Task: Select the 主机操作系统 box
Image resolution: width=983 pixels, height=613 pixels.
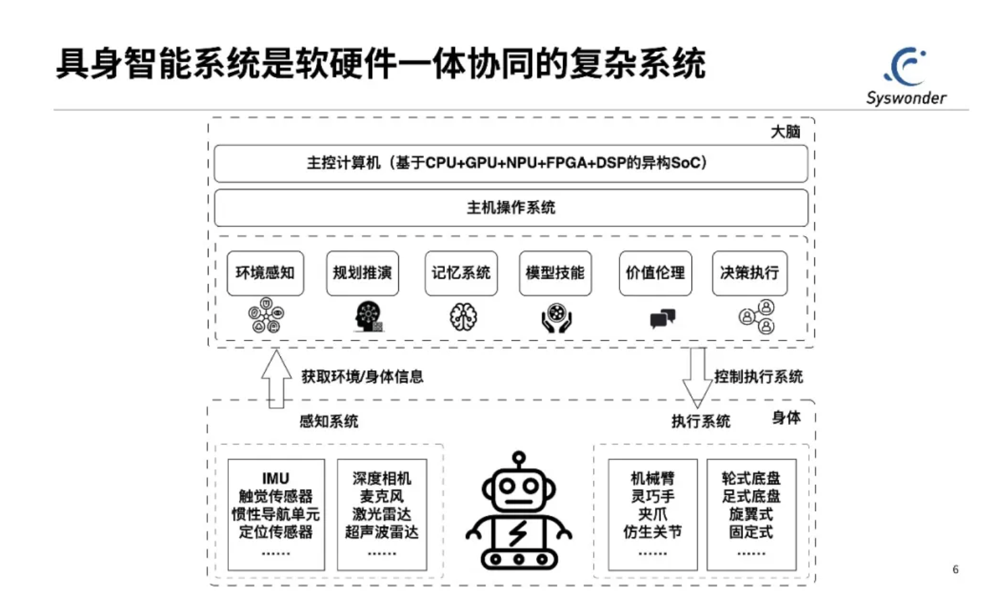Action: pyautogui.click(x=510, y=208)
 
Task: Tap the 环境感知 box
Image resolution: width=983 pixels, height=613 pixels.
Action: pyautogui.click(x=265, y=273)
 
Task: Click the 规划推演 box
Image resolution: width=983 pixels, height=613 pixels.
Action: pyautogui.click(x=362, y=273)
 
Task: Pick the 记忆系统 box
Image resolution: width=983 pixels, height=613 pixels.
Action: pyautogui.click(x=461, y=273)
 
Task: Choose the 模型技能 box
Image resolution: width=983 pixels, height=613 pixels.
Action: pyautogui.click(x=555, y=273)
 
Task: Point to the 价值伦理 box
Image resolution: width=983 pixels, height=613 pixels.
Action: pyautogui.click(x=655, y=273)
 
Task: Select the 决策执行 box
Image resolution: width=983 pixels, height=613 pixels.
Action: pyautogui.click(x=749, y=273)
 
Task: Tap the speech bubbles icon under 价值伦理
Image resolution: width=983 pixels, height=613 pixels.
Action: pyautogui.click(x=662, y=318)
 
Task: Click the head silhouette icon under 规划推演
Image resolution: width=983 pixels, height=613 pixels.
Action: pyautogui.click(x=369, y=316)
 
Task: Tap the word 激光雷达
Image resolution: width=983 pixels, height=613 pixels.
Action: pyautogui.click(x=381, y=514)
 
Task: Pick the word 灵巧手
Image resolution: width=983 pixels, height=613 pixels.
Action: pyautogui.click(x=652, y=496)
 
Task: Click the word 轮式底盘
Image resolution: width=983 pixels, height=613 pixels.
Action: pyautogui.click(x=751, y=479)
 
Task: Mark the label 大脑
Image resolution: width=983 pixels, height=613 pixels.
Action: pyautogui.click(x=785, y=132)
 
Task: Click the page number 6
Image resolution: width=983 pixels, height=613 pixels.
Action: pyautogui.click(x=955, y=569)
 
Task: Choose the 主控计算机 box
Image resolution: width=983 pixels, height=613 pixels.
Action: pyautogui.click(x=510, y=163)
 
